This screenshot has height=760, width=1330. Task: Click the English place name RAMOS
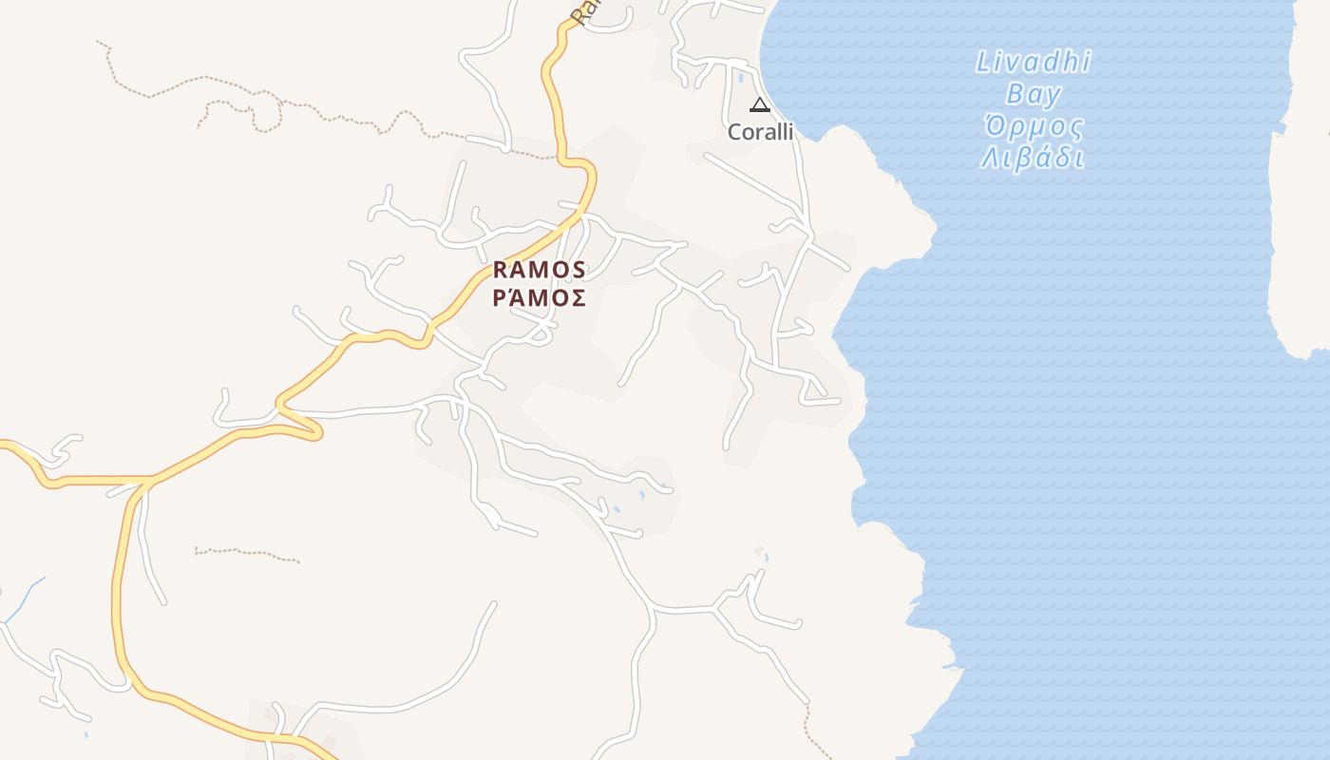[x=539, y=271]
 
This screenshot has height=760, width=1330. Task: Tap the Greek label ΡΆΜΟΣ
[x=539, y=298]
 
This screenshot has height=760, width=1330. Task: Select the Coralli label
[x=760, y=132]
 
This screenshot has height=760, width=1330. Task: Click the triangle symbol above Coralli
[x=759, y=104]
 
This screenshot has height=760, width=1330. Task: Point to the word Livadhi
[x=1034, y=63]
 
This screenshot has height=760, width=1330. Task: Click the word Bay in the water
[x=1034, y=94]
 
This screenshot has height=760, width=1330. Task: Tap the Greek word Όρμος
[x=1034, y=126]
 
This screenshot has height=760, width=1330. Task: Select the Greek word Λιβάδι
[x=1034, y=158]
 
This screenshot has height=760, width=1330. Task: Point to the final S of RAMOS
[x=579, y=271]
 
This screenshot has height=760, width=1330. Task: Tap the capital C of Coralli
[x=734, y=132]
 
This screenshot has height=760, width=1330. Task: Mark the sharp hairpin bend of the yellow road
[x=317, y=432]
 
